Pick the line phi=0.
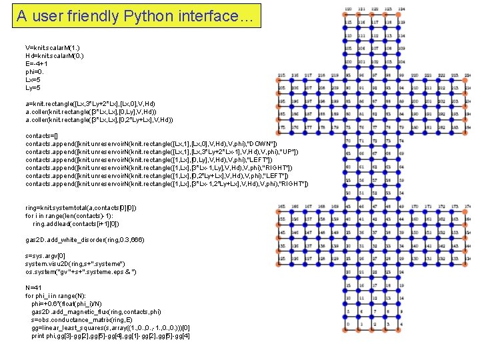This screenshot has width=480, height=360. pyautogui.click(x=35, y=72)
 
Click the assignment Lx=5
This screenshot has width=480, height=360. pyautogui.click(x=33, y=80)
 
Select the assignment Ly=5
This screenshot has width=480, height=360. pyautogui.click(x=33, y=88)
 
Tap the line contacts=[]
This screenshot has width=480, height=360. pyautogui.click(x=43, y=136)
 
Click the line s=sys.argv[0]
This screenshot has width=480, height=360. pyautogui.click(x=46, y=256)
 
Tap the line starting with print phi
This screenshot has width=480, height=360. pyautogui.click(x=111, y=335)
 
